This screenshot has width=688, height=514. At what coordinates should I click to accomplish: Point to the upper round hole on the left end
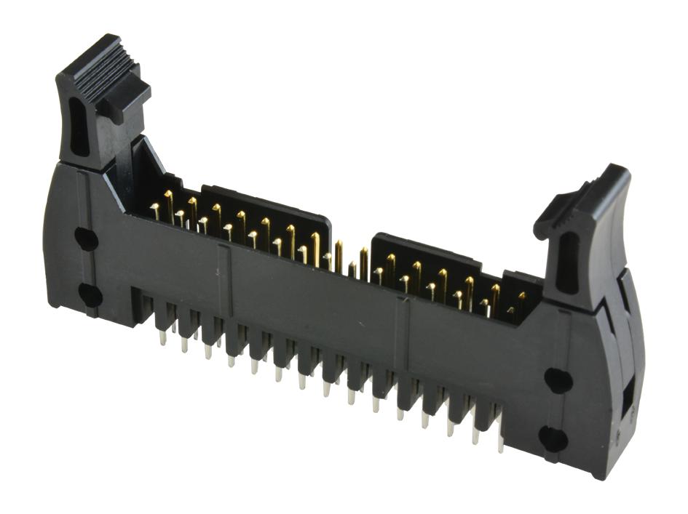click(x=86, y=238)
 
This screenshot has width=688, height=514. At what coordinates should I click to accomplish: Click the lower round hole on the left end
click(x=90, y=294)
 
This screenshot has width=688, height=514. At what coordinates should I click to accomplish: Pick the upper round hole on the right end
click(x=558, y=380)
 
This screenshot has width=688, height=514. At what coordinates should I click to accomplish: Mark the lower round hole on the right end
click(x=553, y=438)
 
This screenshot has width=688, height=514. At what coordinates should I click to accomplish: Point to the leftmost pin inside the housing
click(x=155, y=212)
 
